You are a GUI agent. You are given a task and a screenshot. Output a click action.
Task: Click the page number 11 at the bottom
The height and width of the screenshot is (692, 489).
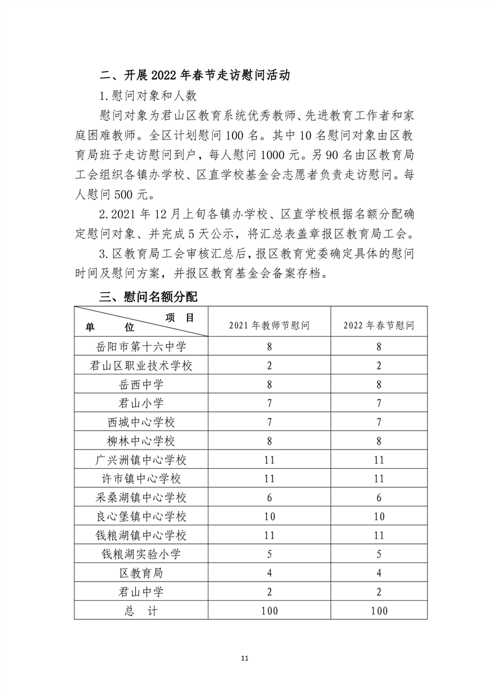point(244,659)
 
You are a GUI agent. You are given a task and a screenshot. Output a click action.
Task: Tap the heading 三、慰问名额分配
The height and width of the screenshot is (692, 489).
point(149,297)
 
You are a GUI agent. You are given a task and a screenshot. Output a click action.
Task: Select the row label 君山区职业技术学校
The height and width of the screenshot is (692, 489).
point(141,365)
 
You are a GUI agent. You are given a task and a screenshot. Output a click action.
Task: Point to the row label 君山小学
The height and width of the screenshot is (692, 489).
point(141,403)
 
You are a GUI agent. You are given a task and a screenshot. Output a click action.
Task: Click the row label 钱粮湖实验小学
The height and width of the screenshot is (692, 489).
point(141,554)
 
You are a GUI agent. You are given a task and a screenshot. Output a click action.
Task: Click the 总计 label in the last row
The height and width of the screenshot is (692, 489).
point(141,610)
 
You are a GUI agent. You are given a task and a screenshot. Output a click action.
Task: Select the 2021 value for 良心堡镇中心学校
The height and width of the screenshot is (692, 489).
point(269,516)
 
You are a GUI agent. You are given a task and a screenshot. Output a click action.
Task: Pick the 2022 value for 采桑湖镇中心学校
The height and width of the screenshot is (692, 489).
point(379,497)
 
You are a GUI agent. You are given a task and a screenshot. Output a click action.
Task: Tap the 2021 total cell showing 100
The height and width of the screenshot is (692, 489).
point(269,610)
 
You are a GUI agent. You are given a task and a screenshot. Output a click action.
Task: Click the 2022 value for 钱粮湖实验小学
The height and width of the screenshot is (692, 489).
point(379,554)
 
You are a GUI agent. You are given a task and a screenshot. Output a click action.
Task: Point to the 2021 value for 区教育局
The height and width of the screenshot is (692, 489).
point(269,572)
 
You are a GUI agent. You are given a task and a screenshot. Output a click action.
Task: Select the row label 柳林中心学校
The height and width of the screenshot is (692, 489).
point(141,441)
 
